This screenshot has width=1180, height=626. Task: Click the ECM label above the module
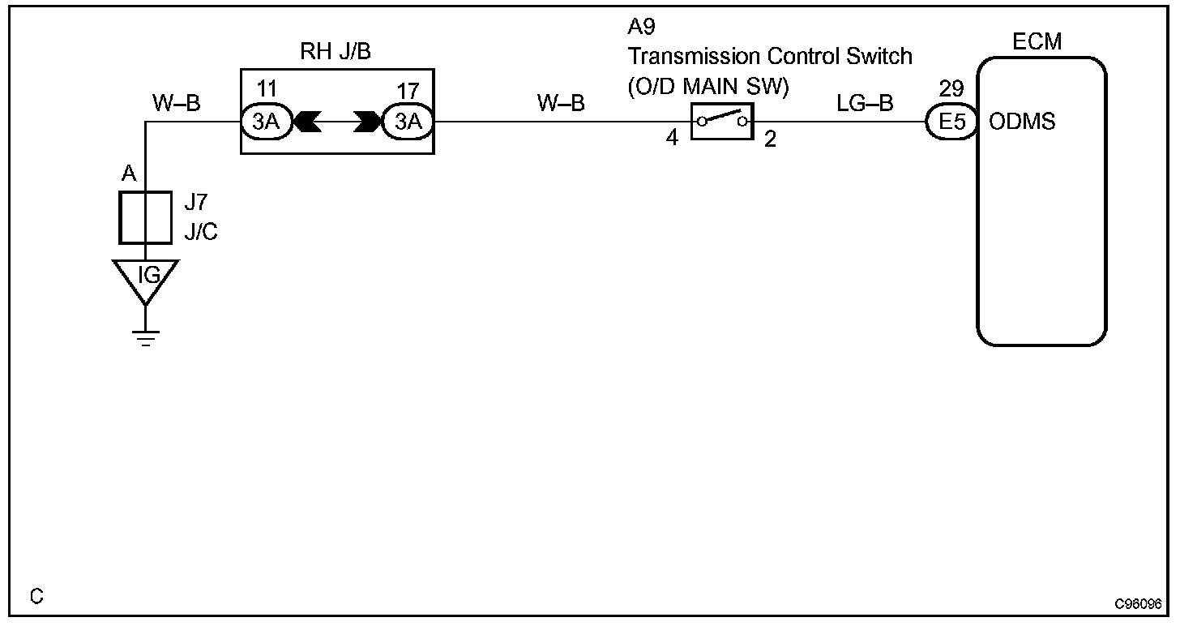[x=1037, y=41]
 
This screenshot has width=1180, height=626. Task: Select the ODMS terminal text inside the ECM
[x=1023, y=122]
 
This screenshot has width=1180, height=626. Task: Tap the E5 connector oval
[x=951, y=122]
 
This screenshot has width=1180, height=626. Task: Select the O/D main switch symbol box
[x=721, y=122]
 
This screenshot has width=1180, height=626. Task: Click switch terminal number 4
[x=672, y=139]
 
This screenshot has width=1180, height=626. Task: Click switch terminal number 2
[x=770, y=139]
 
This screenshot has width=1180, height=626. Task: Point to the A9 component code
[x=641, y=28]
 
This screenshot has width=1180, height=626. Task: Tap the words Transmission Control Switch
[x=770, y=56]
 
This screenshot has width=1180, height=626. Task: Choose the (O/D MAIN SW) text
[x=707, y=85]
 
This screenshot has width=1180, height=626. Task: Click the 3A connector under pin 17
[x=408, y=122]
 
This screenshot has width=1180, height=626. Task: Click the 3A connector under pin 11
[x=267, y=122]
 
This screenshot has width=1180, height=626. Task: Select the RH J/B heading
[x=336, y=54]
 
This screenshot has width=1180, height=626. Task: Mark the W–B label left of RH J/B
[x=176, y=103]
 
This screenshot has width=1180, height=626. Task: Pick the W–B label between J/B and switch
[x=560, y=103]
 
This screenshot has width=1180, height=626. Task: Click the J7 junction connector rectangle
[x=145, y=217]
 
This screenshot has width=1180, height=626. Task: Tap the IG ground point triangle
[x=146, y=278]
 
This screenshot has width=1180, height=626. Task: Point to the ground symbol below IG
[x=146, y=338]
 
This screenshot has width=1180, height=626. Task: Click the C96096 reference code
[x=1138, y=605]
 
